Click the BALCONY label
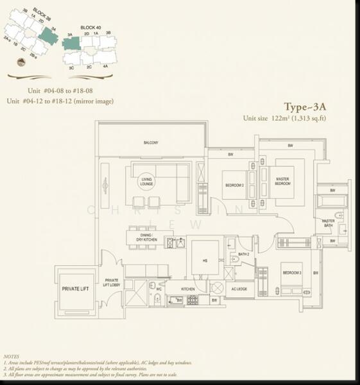pos(151,142)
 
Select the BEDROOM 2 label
pos(234,185)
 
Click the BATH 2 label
pos(243,255)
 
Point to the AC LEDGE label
pos(240,289)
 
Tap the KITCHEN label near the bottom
pos(187,289)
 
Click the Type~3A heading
pos(306,107)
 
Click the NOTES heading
pos(11,355)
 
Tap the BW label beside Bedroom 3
pos(315,273)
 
